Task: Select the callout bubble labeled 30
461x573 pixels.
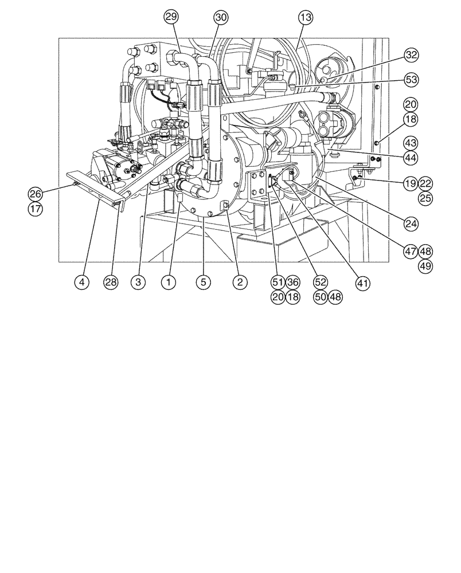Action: [220, 18]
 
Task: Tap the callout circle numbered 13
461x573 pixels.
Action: [306, 18]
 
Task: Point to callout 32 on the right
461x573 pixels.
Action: [411, 55]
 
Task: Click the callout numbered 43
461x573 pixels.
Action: [411, 142]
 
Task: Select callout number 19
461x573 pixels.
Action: [409, 184]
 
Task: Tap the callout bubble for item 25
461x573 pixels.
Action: [425, 198]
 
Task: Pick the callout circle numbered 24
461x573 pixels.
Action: [411, 223]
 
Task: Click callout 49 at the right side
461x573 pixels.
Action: [425, 265]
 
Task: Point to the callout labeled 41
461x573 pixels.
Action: [362, 282]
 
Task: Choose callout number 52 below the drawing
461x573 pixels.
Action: [321, 282]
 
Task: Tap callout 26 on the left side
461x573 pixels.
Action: [35, 194]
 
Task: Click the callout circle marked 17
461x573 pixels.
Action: [35, 209]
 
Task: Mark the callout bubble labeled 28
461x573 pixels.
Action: [111, 282]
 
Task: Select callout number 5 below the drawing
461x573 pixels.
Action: [202, 282]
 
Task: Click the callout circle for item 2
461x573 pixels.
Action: [240, 282]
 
